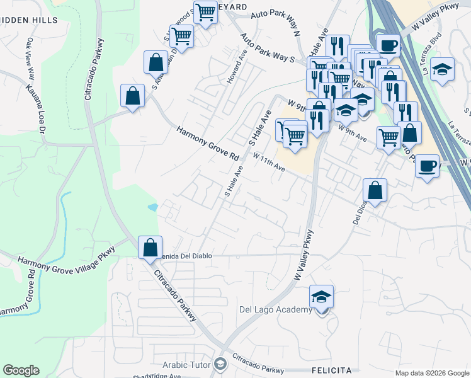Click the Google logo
click(x=21, y=370)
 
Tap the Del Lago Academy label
click(x=276, y=309)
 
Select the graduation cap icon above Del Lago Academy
click(x=321, y=296)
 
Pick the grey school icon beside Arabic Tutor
click(x=220, y=364)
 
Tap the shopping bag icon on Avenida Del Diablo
click(x=150, y=247)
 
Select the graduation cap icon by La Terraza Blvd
click(x=443, y=69)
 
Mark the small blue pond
click(x=152, y=207)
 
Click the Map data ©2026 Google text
click(x=431, y=372)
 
